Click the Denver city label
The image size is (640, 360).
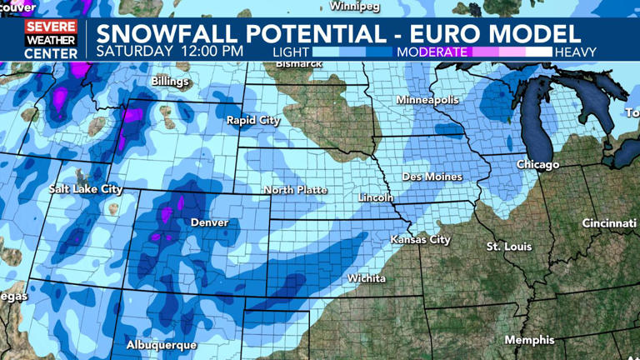(x=209, y=222)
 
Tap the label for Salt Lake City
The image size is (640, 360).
(x=86, y=189)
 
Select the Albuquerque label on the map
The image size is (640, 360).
(x=162, y=344)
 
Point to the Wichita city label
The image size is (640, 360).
(x=367, y=278)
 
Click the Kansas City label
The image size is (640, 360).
(x=420, y=240)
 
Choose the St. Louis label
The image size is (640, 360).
(x=509, y=247)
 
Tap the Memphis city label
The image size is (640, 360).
(x=529, y=340)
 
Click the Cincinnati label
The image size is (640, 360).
(x=608, y=223)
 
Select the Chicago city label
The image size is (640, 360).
(x=537, y=165)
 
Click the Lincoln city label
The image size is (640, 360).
(x=374, y=197)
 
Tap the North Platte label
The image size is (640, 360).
(x=295, y=190)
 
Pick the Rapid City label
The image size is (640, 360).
(x=252, y=121)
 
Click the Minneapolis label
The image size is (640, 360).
(x=427, y=100)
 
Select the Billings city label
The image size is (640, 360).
(x=170, y=82)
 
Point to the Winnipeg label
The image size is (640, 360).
(x=354, y=6)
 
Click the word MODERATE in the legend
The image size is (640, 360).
(x=432, y=52)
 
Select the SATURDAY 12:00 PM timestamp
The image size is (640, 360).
(x=169, y=50)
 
